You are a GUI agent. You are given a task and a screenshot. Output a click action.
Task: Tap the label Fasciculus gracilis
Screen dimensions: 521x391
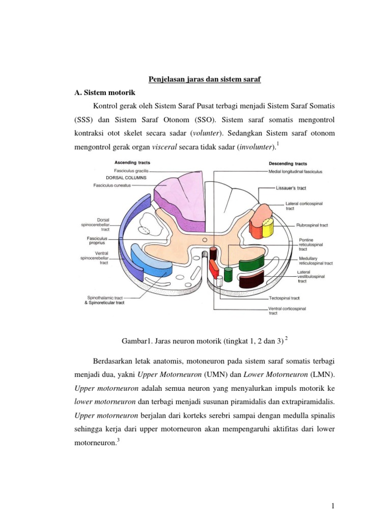pos(131,171)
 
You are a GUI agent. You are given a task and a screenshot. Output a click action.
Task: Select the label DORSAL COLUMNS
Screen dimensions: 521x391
pos(126,178)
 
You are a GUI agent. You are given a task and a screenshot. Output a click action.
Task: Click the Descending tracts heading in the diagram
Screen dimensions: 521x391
pos(288,163)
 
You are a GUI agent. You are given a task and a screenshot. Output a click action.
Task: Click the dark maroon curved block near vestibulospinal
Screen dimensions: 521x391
pos(251,279)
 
